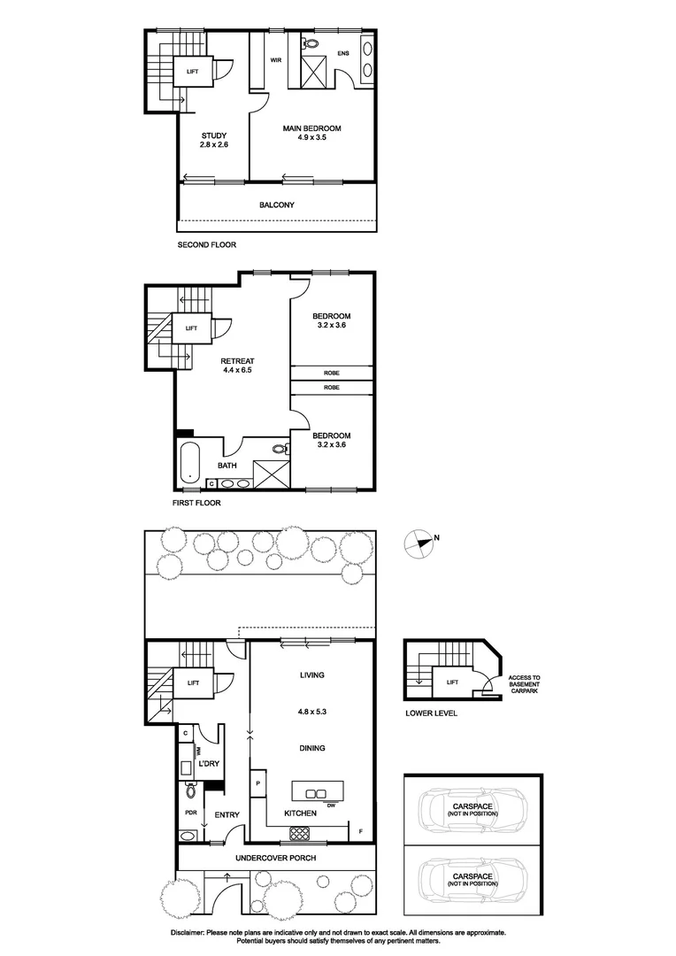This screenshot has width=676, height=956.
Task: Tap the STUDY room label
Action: coord(214,135)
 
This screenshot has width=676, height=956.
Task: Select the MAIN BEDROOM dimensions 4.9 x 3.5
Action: coord(311,138)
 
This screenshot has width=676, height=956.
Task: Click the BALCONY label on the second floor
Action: coord(276,205)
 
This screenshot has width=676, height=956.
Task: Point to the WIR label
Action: coord(276,60)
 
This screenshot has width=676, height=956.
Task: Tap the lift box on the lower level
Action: coord(452,682)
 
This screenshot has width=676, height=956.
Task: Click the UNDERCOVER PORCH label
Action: coord(276,859)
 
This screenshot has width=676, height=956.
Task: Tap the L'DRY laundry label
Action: coord(209,763)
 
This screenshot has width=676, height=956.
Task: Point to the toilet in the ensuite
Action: coord(311,42)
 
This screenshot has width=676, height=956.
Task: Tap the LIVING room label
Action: coord(311,675)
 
